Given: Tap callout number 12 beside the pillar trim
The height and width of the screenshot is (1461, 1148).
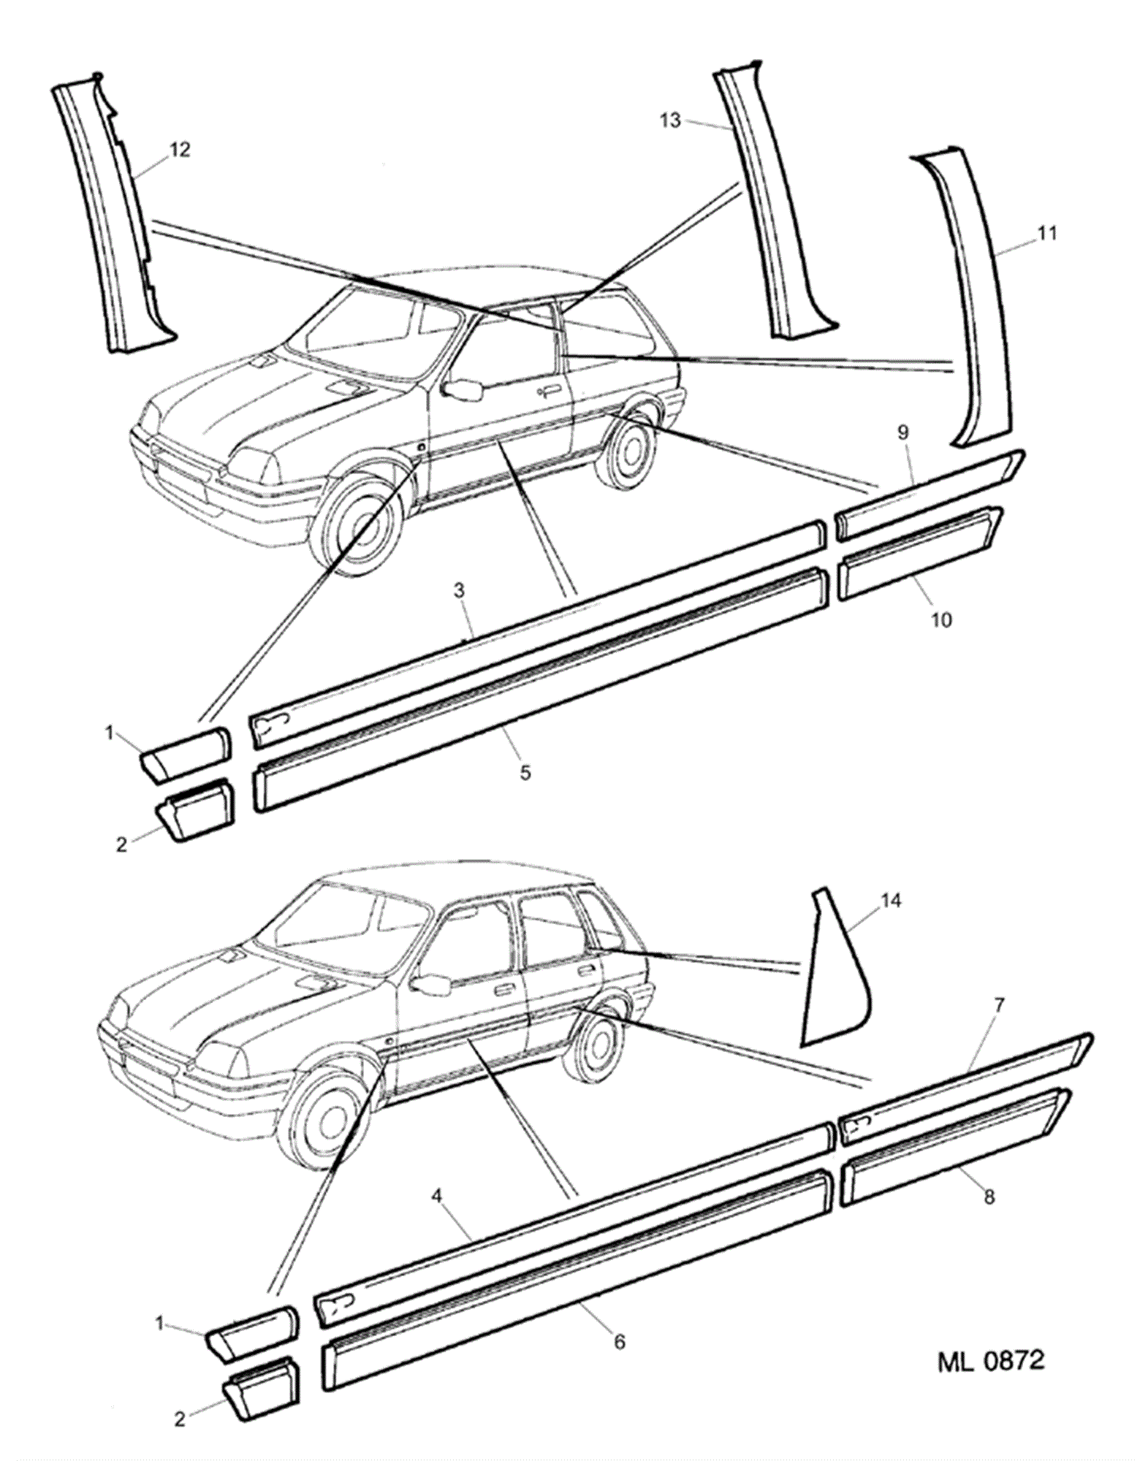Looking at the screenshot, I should (180, 150).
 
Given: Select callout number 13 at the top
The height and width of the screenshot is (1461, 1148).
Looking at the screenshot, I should (670, 121).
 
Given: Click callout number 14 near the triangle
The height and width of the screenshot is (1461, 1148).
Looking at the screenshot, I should (891, 900).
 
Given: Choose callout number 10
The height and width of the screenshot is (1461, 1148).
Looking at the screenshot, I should (942, 619).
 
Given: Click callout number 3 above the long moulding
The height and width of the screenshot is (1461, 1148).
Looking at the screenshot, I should (460, 590).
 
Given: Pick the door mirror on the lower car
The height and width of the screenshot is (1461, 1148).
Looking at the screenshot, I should (430, 983).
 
